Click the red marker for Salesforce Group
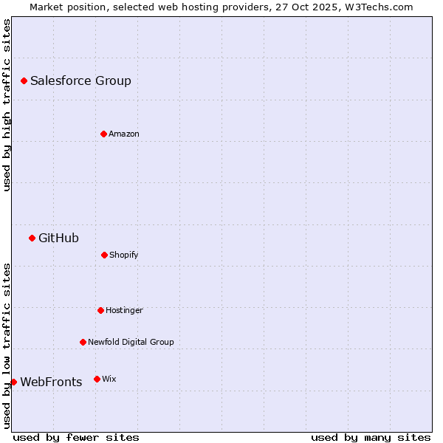point(24,80)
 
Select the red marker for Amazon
point(103,134)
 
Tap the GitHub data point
point(32,238)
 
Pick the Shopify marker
point(104,255)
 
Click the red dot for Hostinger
point(100,310)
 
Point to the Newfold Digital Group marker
point(83,342)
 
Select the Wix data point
point(97,379)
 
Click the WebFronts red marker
point(13,382)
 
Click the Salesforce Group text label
point(80,81)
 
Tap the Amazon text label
point(124,134)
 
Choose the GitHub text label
point(58,238)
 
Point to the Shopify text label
point(124,255)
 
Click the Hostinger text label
point(124,311)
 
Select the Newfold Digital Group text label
point(131,343)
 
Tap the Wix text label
point(109,380)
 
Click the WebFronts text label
point(51,382)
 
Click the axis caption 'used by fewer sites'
point(76,437)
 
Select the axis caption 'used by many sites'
point(371,437)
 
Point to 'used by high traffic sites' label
point(7,105)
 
